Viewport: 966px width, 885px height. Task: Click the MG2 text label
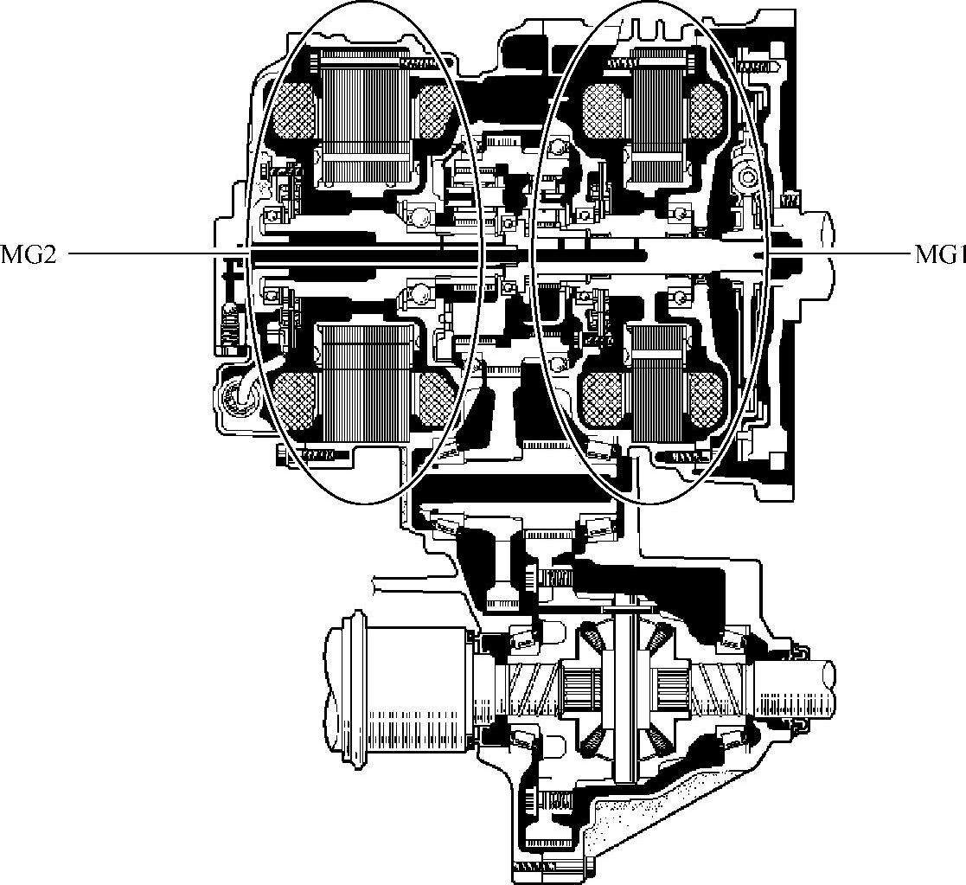tap(29, 254)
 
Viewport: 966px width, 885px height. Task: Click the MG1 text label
tap(940, 254)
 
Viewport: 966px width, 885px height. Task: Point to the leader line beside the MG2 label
tap(157, 253)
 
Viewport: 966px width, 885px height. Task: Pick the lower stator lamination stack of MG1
tap(659, 382)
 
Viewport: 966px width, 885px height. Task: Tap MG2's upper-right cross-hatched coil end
tap(438, 110)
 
